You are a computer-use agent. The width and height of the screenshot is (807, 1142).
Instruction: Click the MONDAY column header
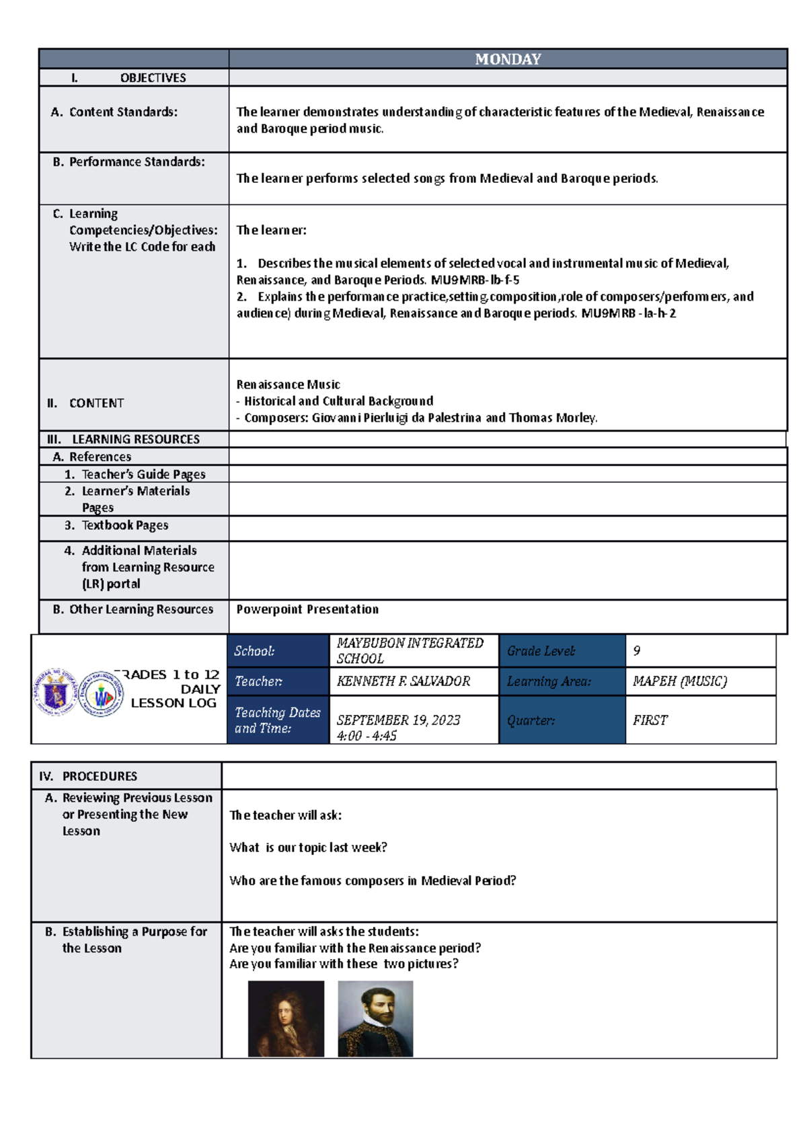[508, 59]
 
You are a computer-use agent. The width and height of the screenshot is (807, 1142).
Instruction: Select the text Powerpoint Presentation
[307, 609]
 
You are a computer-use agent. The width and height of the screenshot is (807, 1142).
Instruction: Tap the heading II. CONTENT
[85, 404]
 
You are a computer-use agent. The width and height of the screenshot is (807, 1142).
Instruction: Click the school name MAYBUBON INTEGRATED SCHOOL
[410, 650]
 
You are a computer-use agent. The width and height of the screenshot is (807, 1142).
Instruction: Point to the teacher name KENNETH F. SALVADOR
[403, 681]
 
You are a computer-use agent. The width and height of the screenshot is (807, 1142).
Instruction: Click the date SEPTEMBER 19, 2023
[398, 720]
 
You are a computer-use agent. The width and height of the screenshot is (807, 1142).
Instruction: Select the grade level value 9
[637, 651]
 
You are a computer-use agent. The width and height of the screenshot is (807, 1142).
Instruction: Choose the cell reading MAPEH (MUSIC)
[679, 681]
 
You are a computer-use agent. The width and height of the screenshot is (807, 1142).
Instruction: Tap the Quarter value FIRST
[650, 720]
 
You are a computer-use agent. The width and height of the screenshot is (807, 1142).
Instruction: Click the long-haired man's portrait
[286, 1018]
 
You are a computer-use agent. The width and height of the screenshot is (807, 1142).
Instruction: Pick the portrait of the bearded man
[375, 1018]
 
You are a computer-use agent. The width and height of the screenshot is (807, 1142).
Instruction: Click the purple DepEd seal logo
[55, 692]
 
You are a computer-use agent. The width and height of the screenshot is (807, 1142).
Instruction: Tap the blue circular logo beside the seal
[101, 693]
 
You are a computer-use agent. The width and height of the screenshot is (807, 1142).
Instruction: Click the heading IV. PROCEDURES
[88, 776]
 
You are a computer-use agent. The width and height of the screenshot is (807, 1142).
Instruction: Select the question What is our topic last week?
[308, 847]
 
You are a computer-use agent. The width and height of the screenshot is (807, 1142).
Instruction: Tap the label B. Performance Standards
[128, 162]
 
